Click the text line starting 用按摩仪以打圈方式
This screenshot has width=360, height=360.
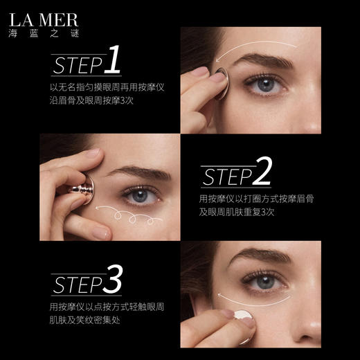257,200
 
